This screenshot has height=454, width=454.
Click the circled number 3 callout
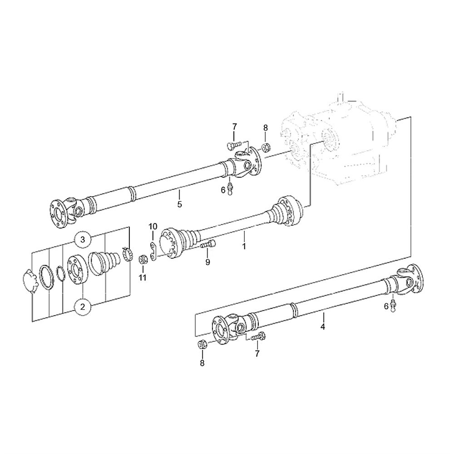pos(83,239)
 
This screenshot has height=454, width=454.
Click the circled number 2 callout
pos(83,306)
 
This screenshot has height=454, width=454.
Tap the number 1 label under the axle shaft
pos(244,246)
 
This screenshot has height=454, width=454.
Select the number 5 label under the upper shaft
pos(179,204)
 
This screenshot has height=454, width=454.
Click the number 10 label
pos(153,226)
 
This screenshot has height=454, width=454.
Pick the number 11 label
pos(143,278)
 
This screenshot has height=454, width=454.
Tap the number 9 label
pos(207,262)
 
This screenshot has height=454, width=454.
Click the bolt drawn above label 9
pos(208,244)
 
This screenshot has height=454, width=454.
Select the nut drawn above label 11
pos(143,258)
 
